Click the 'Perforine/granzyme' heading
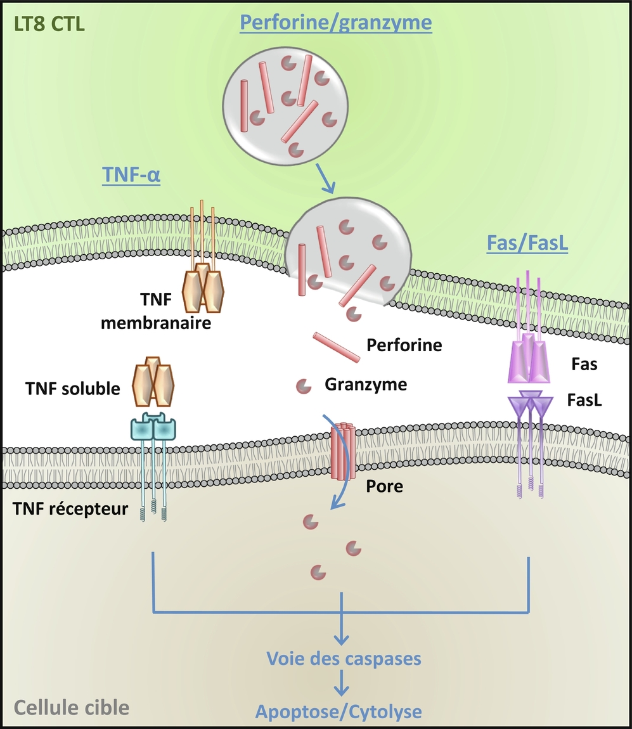pos(336,23)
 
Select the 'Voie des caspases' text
pos(343,658)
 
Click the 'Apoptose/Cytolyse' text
pos(339,711)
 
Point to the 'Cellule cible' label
pos(71,707)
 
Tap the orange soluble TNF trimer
pos(153,381)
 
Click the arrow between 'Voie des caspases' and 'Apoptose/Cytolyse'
pos(342,685)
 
